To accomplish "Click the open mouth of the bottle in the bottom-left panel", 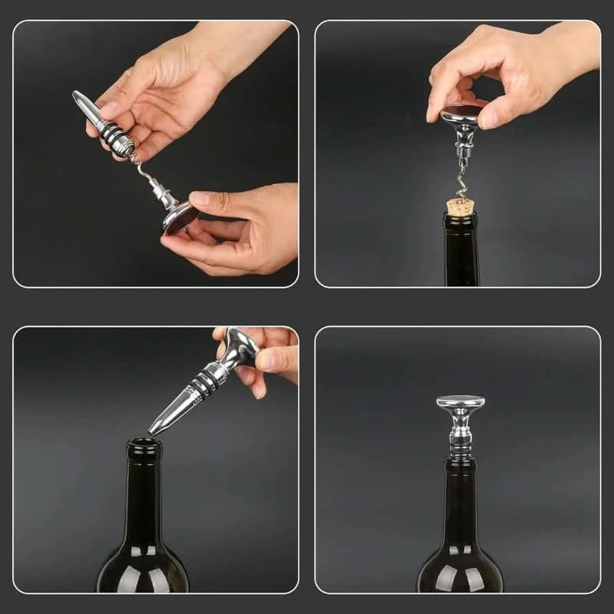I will coord(144,444).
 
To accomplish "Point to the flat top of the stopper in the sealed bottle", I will coord(460,401).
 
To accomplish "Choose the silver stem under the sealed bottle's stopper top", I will coord(460,430).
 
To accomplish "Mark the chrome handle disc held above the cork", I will coord(460,116).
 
